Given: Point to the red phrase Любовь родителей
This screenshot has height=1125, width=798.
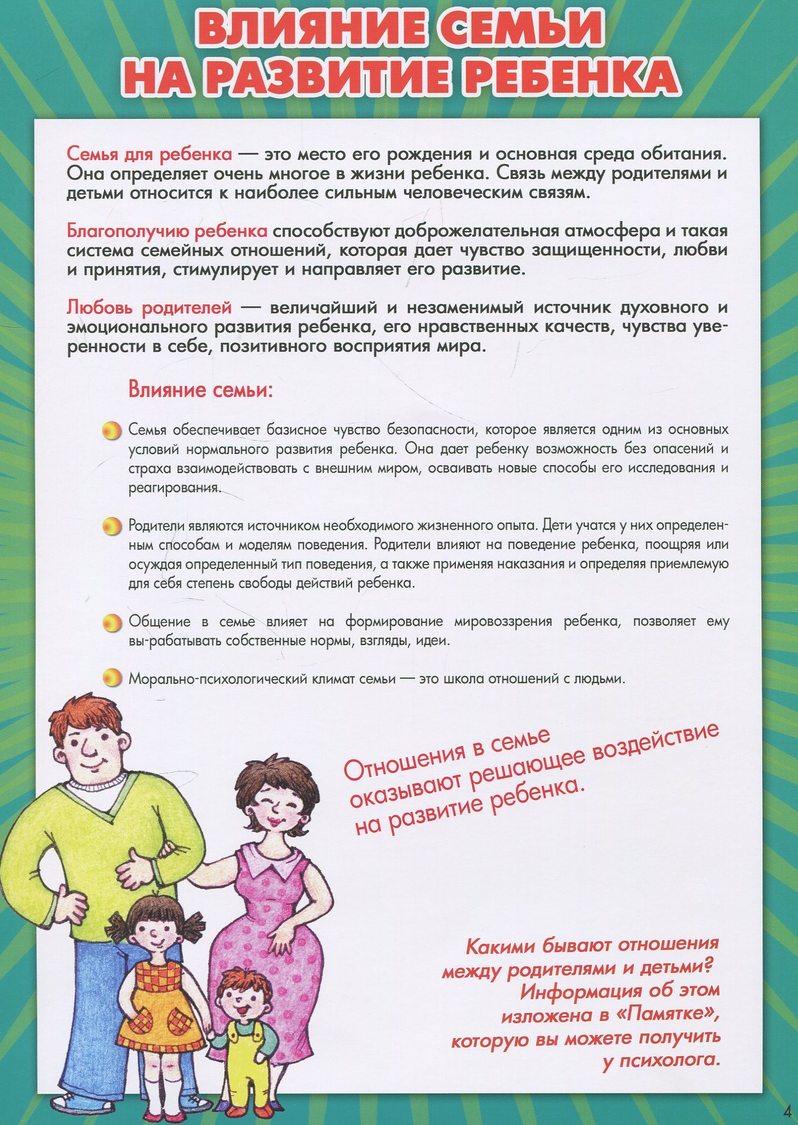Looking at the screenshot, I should click(149, 308).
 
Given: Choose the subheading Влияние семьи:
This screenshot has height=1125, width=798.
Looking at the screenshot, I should click(200, 390).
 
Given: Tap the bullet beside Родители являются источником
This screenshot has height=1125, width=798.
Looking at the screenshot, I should click(112, 526).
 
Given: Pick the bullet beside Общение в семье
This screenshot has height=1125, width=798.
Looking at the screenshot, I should click(112, 622).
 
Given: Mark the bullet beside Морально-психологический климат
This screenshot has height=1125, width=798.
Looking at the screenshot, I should click(112, 678).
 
